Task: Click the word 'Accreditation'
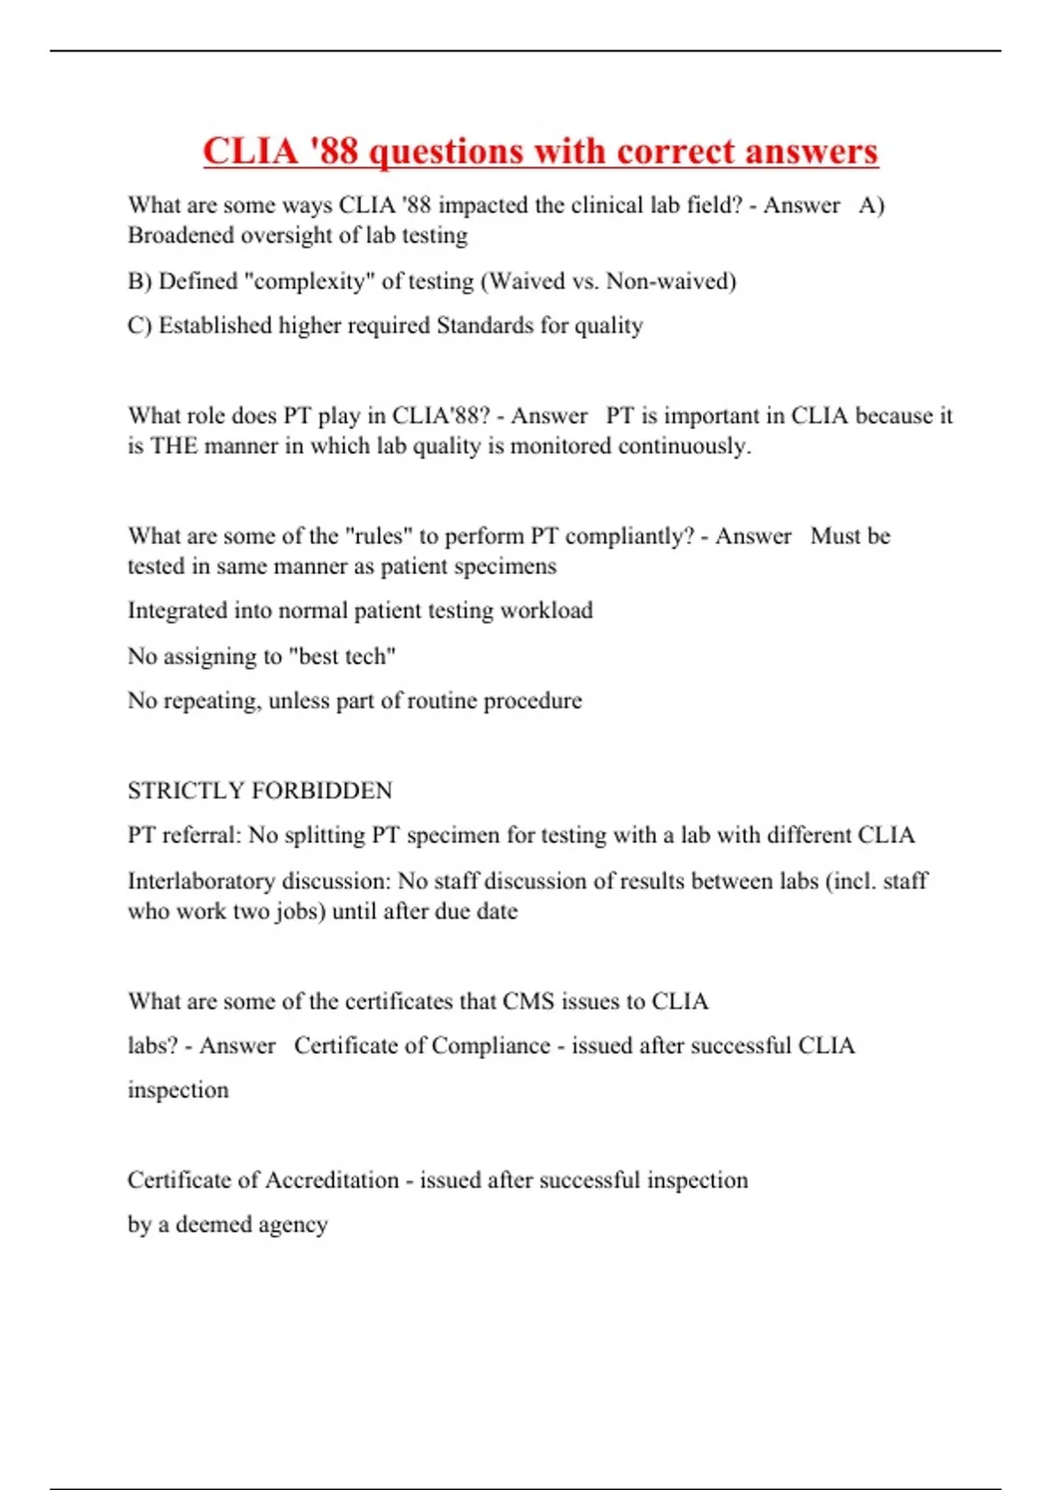(x=331, y=1180)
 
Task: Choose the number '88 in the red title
(x=331, y=151)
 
